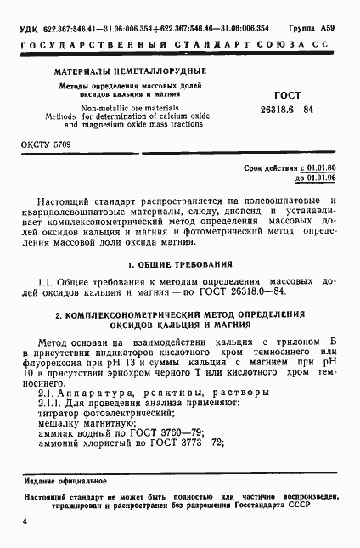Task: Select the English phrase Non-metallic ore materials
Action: point(123,108)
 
